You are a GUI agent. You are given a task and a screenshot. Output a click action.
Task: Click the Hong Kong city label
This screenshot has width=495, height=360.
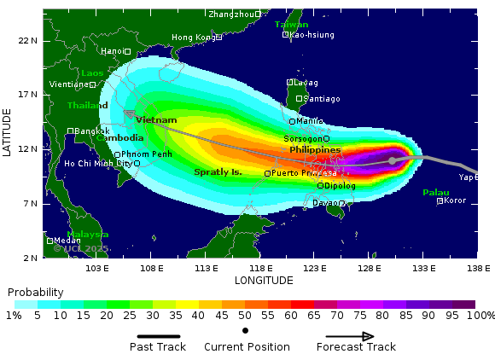(193, 38)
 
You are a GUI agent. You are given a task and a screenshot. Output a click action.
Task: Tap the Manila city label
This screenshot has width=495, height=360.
(309, 121)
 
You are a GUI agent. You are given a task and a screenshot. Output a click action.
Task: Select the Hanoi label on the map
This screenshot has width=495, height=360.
(112, 51)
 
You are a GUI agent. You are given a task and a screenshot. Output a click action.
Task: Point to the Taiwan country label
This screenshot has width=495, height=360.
(291, 25)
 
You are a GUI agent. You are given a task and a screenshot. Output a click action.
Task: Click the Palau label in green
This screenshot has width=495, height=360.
(435, 193)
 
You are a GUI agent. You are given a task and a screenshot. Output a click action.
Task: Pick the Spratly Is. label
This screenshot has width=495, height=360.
(218, 172)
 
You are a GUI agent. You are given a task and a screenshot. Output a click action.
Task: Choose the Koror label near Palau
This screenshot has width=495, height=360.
(455, 200)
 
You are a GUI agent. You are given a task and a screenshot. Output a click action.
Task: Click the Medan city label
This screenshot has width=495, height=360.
(67, 241)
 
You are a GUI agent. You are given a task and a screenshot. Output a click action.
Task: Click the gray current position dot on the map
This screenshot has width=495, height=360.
(392, 160)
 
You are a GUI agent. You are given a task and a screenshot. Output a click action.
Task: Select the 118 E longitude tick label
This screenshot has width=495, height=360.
(260, 269)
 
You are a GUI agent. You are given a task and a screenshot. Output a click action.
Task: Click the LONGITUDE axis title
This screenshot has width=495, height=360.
(263, 280)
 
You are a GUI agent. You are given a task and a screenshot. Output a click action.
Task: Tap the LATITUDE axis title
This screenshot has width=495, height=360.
(8, 131)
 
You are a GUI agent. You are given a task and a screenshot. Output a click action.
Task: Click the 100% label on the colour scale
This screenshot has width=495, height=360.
(480, 316)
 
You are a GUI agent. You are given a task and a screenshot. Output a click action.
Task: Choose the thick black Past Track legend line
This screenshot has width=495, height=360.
(158, 336)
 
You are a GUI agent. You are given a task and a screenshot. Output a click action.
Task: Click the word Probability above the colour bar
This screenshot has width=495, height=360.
(35, 293)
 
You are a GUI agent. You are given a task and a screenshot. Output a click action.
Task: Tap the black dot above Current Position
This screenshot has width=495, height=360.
(246, 330)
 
